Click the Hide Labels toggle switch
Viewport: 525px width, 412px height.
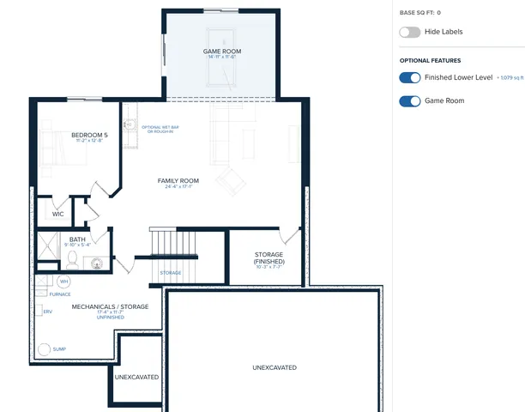[409, 32]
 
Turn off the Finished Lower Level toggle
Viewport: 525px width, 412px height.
[409, 77]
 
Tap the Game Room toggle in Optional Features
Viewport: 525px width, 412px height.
[409, 100]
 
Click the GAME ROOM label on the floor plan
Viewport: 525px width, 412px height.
[221, 51]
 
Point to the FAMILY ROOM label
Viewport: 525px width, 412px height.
[178, 180]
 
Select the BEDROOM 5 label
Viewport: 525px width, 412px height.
[89, 135]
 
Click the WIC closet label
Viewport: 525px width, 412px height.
[57, 214]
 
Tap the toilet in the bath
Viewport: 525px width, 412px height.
[73, 257]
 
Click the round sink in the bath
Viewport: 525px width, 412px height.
[96, 262]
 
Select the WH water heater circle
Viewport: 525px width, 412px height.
[63, 281]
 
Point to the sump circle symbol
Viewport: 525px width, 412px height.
[44, 348]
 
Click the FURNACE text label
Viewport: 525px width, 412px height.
[60, 294]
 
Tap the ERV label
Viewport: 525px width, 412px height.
[48, 312]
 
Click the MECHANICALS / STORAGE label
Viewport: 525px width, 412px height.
[110, 306]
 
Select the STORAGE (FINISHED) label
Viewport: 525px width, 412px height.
[269, 257]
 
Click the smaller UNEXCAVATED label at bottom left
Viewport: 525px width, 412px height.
[136, 376]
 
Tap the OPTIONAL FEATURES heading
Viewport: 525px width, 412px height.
[430, 60]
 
